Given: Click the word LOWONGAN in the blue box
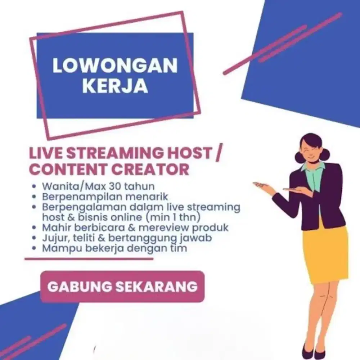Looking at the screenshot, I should [115, 66].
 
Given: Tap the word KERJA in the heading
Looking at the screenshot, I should [115, 86].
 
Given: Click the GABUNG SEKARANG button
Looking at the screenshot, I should [122, 287].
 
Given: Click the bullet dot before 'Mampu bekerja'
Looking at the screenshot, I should [34, 248].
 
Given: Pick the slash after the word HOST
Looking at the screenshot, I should [217, 153].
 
